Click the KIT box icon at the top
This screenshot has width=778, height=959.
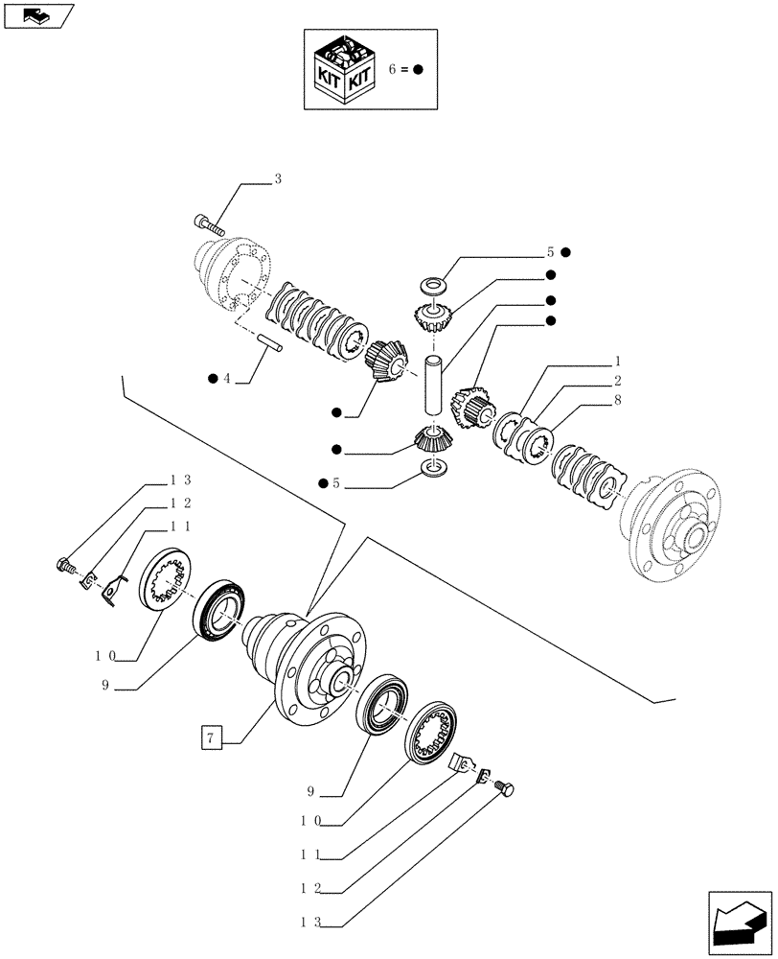(342, 69)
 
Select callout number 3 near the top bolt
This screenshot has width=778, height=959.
(278, 179)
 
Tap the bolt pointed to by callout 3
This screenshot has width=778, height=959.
(210, 226)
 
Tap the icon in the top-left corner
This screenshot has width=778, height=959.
(37, 15)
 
